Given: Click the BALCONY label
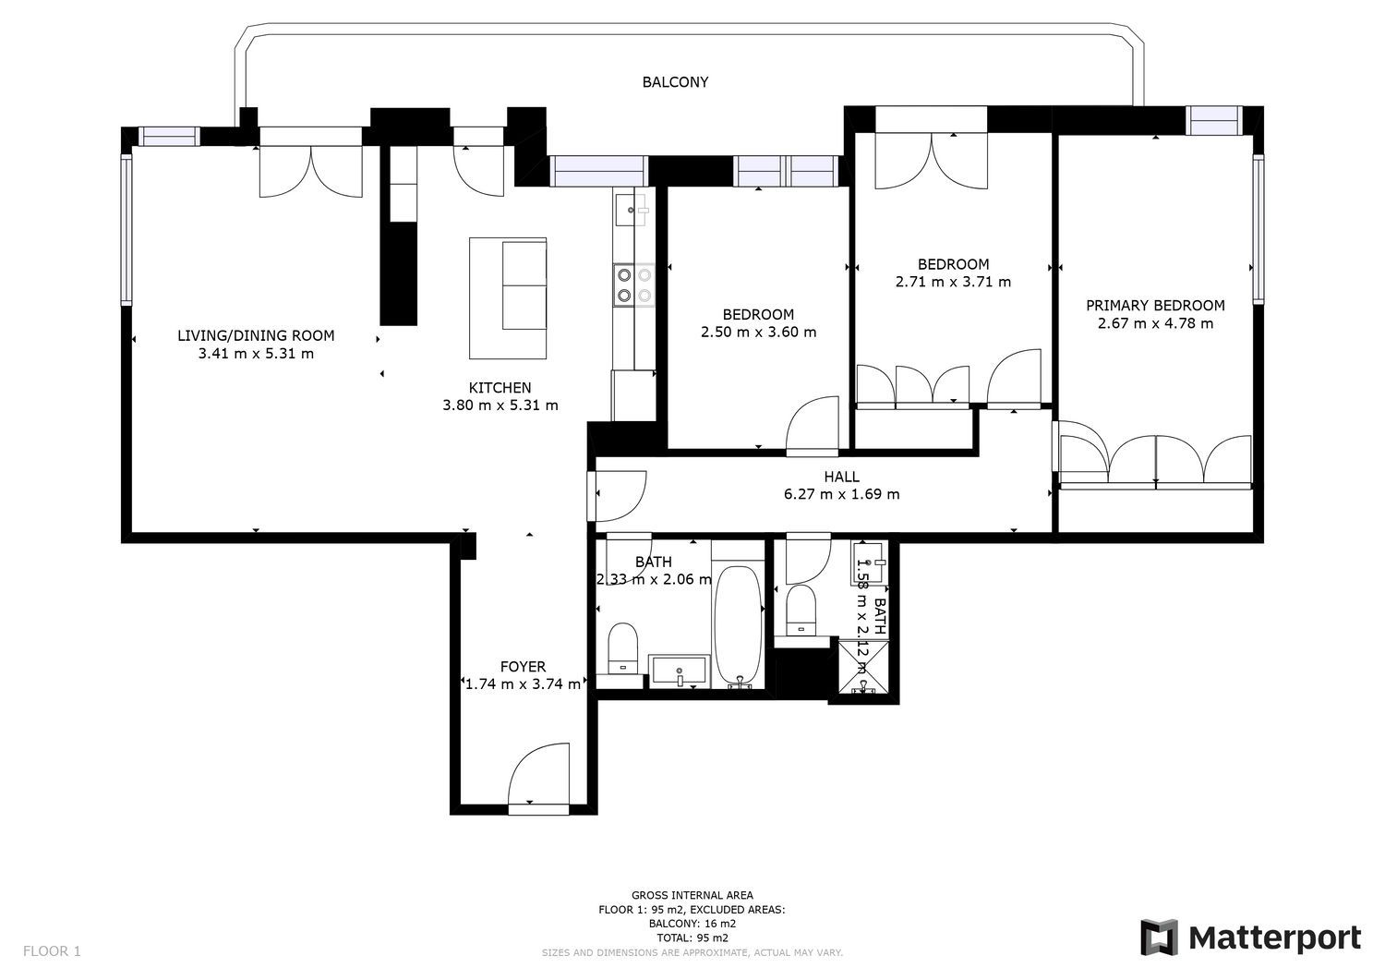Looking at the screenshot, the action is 675,82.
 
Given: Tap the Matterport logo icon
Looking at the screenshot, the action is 1160,938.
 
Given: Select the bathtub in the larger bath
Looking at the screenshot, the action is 738,626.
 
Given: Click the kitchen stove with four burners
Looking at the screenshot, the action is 633,285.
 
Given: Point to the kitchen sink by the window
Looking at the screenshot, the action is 632,210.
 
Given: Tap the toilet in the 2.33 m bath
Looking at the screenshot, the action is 622,648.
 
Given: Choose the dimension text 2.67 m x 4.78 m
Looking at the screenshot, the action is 1155,323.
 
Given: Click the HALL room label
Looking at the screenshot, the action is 841,477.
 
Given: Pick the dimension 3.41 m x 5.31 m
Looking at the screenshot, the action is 256,354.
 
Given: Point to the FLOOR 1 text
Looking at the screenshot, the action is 52,951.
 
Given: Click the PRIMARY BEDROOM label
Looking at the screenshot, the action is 1155,306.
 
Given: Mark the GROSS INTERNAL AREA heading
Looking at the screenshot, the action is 692,895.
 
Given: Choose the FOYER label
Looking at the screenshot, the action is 523,666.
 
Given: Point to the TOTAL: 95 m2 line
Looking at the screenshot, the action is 692,938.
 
